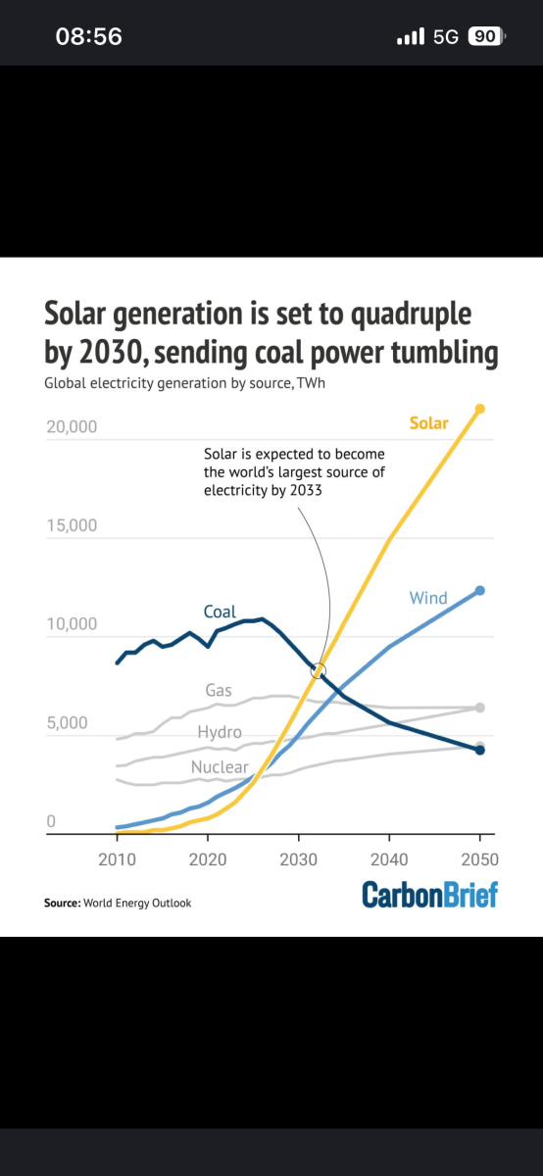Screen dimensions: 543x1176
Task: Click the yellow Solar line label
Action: tap(428, 423)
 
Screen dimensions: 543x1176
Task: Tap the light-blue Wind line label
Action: tap(428, 598)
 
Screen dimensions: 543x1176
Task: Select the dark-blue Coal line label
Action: tap(220, 612)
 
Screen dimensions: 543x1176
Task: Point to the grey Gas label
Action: tap(219, 690)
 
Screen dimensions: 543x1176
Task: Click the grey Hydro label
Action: tap(220, 732)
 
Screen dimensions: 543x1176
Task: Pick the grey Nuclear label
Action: tap(220, 767)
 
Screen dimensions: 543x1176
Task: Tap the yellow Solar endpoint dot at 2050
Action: tap(479, 409)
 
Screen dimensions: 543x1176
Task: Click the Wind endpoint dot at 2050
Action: tap(479, 591)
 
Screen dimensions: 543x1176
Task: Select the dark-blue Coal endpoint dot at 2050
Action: tap(479, 751)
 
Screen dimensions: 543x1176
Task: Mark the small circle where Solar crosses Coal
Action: tap(319, 670)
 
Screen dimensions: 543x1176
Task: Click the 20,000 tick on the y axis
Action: tap(72, 427)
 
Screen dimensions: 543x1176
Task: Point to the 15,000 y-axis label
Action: tap(72, 525)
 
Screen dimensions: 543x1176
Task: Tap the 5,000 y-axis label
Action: tap(68, 723)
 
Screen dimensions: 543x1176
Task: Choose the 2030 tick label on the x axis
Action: tap(298, 859)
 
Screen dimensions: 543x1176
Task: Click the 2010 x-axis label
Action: tap(117, 859)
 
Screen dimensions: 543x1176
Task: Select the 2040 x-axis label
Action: tap(389, 859)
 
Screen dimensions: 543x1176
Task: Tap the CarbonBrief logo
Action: tap(429, 895)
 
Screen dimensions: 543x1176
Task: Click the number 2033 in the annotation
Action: tap(306, 490)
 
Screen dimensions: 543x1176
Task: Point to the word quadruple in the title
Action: tap(411, 315)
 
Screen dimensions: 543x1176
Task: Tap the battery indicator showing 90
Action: tap(486, 36)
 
